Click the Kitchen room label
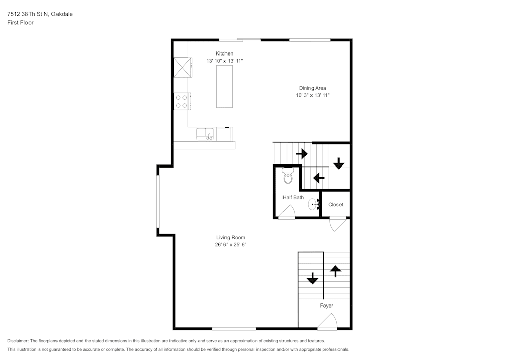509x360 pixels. pos(224,53)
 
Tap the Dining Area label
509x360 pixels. pos(313,88)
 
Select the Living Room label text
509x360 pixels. pos(231,238)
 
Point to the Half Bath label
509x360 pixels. pos(293,197)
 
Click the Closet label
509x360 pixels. pos(335,205)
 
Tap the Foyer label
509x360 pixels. pos(327,306)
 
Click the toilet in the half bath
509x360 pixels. pos(288,176)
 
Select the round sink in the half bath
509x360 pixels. pos(313,204)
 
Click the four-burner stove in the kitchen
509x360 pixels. pos(182,102)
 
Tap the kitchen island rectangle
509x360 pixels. pos(224,87)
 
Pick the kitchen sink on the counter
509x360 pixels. pos(205,134)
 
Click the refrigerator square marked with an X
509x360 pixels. pos(182,68)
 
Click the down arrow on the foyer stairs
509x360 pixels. pos(313,278)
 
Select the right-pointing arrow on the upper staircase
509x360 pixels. pos(302,154)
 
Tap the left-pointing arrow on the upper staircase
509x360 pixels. pos(319,178)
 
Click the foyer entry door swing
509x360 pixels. pos(328,321)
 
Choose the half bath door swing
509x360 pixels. pos(287,212)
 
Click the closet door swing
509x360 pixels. pos(338,225)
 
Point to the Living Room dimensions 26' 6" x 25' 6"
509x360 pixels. pos(231,245)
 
